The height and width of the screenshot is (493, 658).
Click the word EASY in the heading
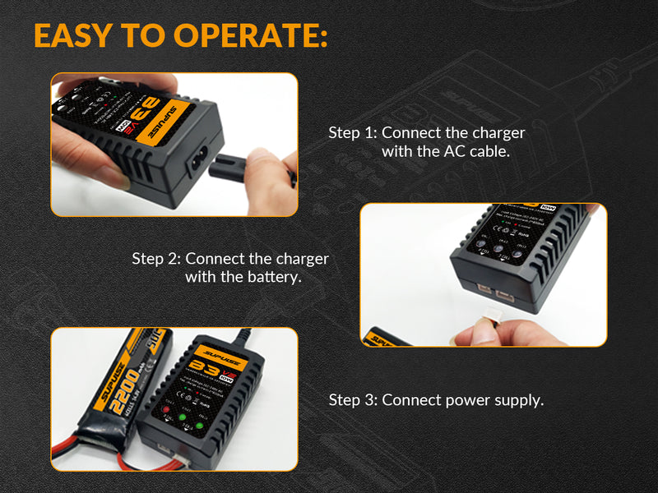(72, 36)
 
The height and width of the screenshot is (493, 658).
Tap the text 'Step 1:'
(353, 132)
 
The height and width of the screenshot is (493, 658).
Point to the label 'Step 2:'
(156, 258)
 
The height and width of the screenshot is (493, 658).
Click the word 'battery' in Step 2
(275, 277)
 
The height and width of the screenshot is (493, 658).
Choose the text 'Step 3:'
(353, 400)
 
